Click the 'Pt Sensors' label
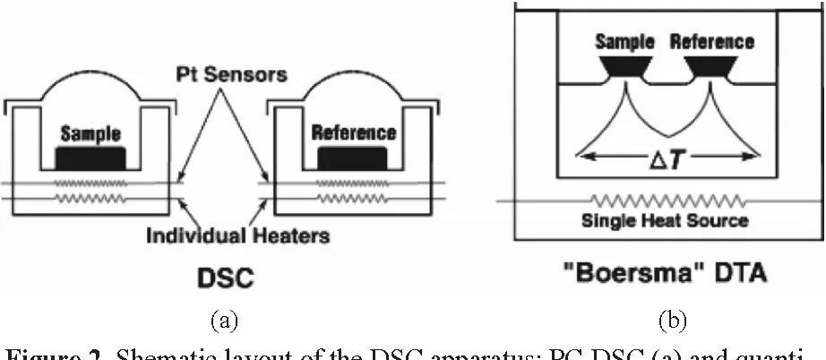coord(230,74)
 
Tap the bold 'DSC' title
coord(225,278)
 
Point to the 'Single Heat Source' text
coord(665,220)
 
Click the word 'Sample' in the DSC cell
coord(90,134)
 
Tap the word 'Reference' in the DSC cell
coord(353,133)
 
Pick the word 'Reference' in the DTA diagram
coord(712,41)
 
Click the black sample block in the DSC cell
coord(90,158)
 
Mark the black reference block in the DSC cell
coord(353,158)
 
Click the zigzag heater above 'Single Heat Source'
coord(665,201)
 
